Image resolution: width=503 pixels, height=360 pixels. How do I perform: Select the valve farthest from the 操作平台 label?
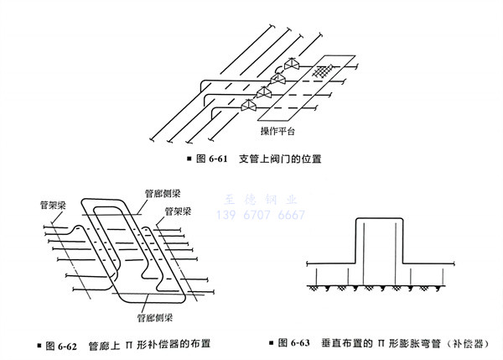291,65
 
